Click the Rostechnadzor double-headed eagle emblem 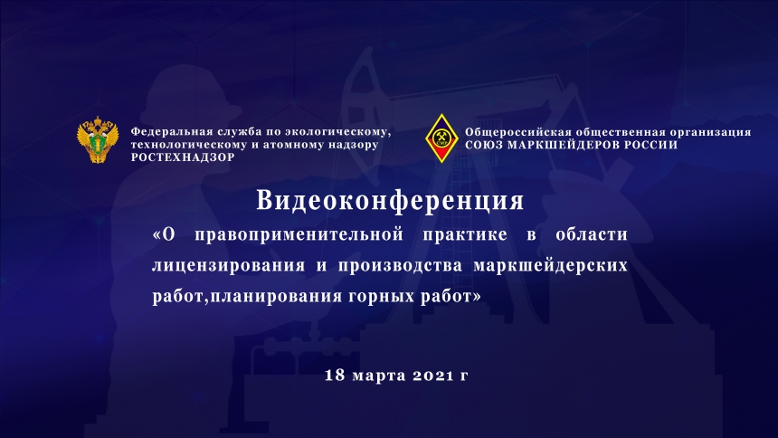[98, 140]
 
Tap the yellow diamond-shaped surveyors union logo [441, 138]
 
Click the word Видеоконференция [390, 201]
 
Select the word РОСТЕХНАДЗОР [183, 157]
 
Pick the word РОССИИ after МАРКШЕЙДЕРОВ [651, 145]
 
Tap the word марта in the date [379, 376]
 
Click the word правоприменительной [299, 234]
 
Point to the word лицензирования [228, 266]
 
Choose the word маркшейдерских [551, 266]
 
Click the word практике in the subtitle [465, 234]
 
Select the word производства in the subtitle [400, 266]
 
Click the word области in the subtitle [592, 233]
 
